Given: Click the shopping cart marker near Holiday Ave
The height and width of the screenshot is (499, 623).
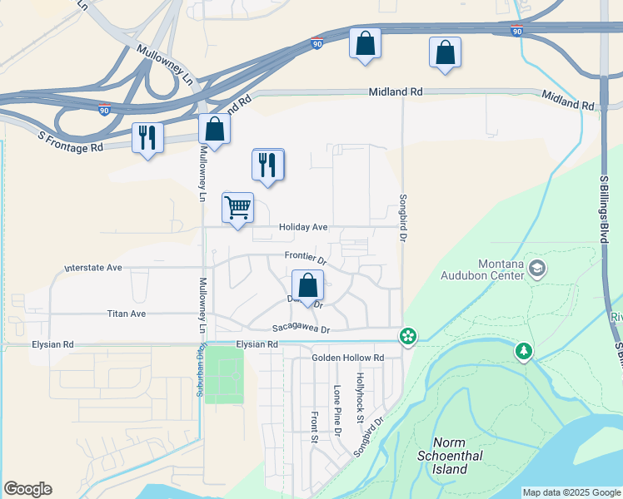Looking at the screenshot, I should pyautogui.click(x=237, y=208).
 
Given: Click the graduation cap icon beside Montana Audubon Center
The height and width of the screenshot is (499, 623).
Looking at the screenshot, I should pyautogui.click(x=537, y=268).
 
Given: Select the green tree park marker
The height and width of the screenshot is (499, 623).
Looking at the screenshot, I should pyautogui.click(x=524, y=352).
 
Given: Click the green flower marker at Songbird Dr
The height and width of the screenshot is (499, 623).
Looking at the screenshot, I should pyautogui.click(x=408, y=336).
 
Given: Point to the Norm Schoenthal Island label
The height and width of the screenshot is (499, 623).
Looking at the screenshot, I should pyautogui.click(x=451, y=457).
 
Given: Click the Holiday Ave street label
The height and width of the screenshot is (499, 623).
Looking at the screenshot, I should pyautogui.click(x=303, y=226).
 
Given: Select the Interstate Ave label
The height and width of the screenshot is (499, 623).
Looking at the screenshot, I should pyautogui.click(x=93, y=269).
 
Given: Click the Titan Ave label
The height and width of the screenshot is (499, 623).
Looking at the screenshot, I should pyautogui.click(x=127, y=314).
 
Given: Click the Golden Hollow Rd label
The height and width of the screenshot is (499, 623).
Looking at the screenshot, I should pyautogui.click(x=347, y=358).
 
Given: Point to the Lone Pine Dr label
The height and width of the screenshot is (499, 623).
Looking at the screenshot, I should pyautogui.click(x=337, y=411).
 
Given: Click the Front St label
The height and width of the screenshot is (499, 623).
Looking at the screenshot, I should pyautogui.click(x=314, y=426).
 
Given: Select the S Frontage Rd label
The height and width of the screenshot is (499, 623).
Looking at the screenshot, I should pyautogui.click(x=71, y=141).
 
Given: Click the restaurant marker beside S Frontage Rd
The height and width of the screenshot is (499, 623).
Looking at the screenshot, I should pyautogui.click(x=148, y=138).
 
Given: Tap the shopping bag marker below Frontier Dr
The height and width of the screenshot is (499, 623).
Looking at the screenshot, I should pyautogui.click(x=307, y=285).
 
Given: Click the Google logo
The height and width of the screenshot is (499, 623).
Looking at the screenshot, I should pyautogui.click(x=27, y=489).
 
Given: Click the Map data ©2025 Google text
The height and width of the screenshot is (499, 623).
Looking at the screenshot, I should pyautogui.click(x=571, y=492).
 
